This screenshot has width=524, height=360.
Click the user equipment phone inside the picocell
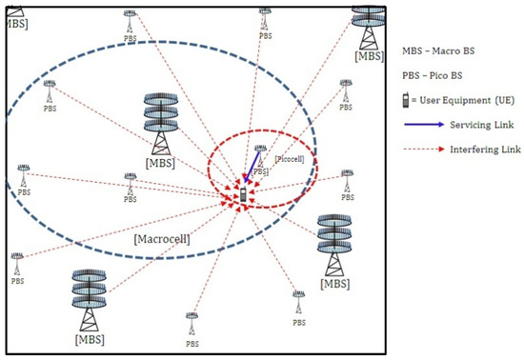[243, 194]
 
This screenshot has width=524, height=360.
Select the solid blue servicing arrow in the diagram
[252, 170]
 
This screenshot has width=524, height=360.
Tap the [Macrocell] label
[162, 238]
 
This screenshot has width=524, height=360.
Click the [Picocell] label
[288, 159]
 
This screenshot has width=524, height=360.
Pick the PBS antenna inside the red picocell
[259, 152]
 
